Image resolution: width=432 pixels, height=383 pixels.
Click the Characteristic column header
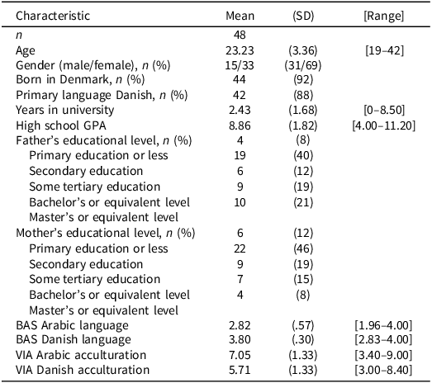(53, 16)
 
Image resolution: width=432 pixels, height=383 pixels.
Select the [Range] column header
(384, 16)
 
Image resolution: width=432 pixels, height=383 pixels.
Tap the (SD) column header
(303, 16)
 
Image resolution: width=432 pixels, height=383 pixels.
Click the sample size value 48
(240, 35)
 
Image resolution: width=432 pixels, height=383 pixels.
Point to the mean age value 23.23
(240, 50)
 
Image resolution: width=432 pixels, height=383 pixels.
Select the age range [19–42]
(384, 50)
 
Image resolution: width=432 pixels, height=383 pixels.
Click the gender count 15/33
(240, 65)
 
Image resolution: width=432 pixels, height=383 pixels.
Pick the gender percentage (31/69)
(303, 65)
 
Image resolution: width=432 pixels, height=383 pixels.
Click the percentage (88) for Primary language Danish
(303, 95)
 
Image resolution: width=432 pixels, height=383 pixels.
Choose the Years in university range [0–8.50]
(384, 110)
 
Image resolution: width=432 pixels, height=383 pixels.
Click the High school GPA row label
(61, 125)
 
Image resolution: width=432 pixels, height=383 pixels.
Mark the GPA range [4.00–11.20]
(384, 125)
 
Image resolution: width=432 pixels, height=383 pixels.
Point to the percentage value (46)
(303, 248)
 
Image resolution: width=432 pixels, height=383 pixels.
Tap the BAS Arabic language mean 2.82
(240, 325)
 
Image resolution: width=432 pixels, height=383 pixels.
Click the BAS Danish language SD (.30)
(303, 339)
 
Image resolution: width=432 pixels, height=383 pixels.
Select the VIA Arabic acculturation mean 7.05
(240, 355)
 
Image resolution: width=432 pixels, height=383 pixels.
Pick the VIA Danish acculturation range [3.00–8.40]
(383, 370)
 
